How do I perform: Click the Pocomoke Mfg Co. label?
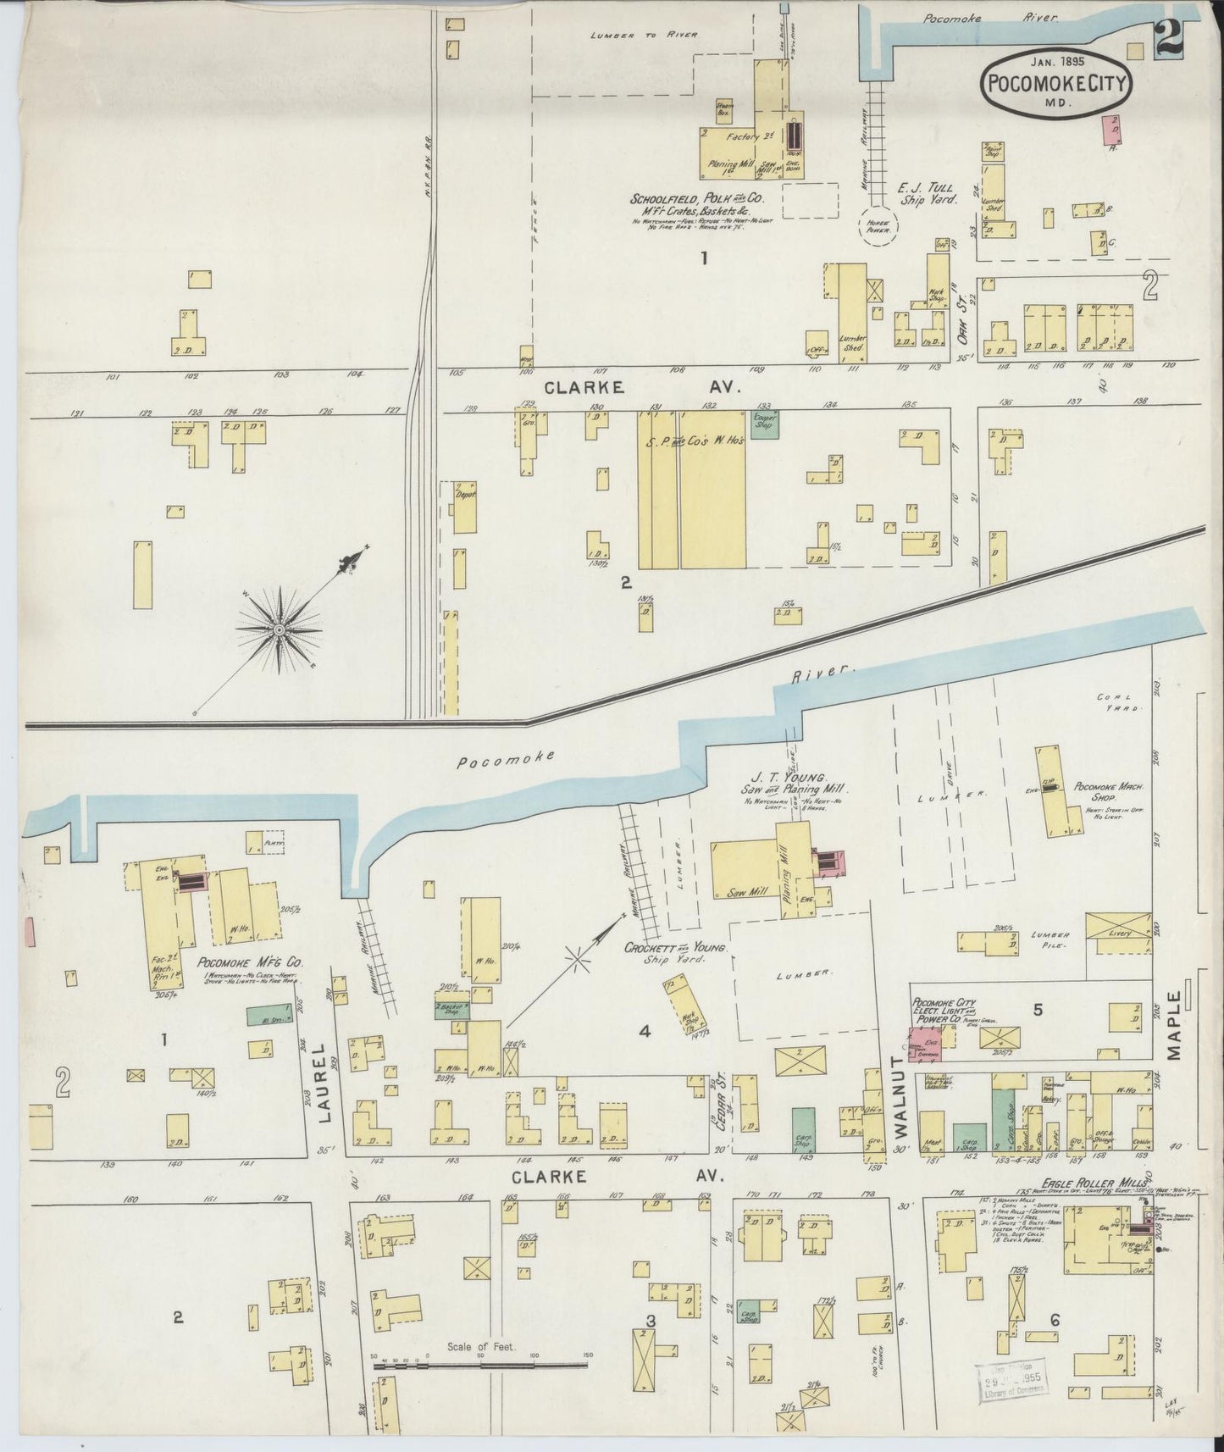pyautogui.click(x=250, y=963)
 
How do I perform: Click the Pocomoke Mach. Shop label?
pyautogui.click(x=1102, y=791)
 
